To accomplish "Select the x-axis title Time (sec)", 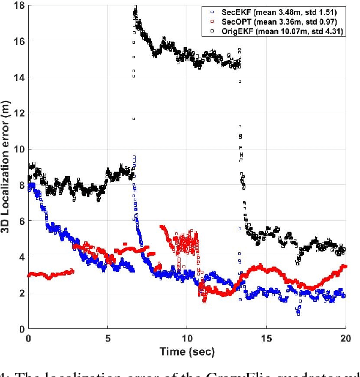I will [187, 351].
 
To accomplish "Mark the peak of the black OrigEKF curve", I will [135, 7].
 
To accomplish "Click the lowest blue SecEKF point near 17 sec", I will [298, 313].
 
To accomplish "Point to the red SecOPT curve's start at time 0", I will [29, 275].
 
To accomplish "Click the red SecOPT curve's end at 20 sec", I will [344, 266].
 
